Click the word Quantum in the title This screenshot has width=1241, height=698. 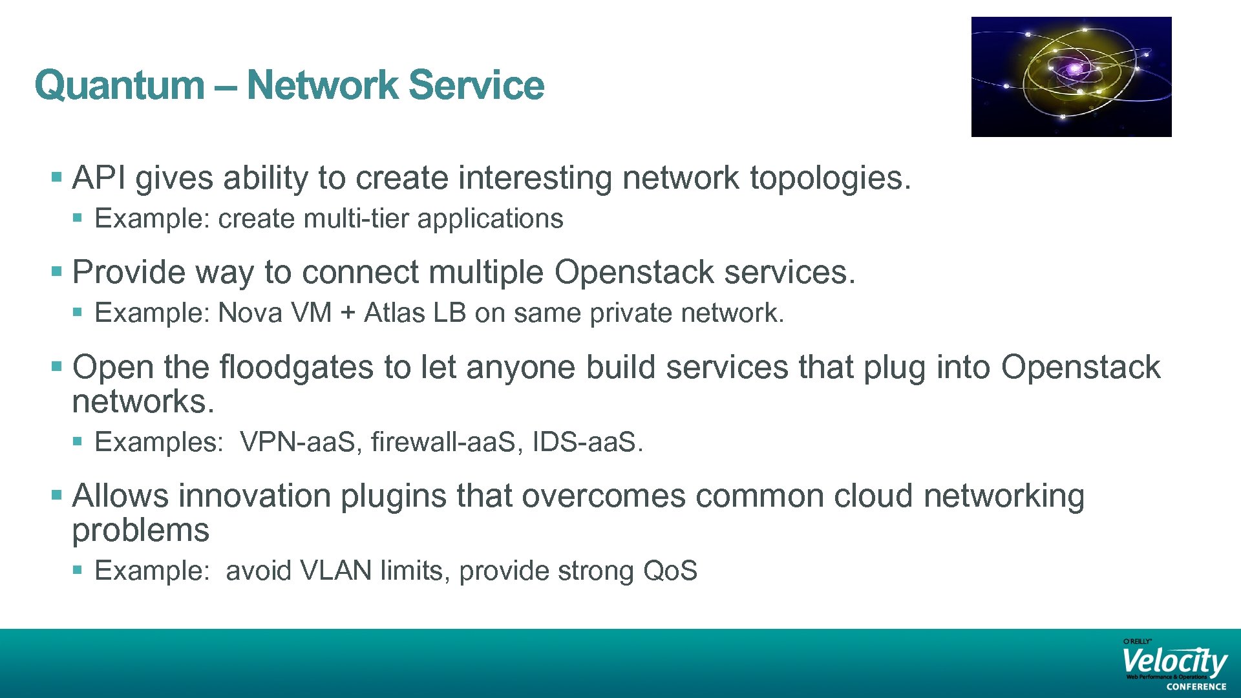120,85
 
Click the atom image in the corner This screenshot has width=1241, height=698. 1071,76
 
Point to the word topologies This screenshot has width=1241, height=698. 830,179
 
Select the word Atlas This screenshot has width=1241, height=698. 394,313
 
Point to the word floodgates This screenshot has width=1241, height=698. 297,367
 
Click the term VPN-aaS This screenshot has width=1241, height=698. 301,443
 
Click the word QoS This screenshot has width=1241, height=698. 670,571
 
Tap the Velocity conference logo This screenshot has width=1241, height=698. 1174,664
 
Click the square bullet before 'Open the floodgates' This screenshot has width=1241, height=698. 57,367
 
